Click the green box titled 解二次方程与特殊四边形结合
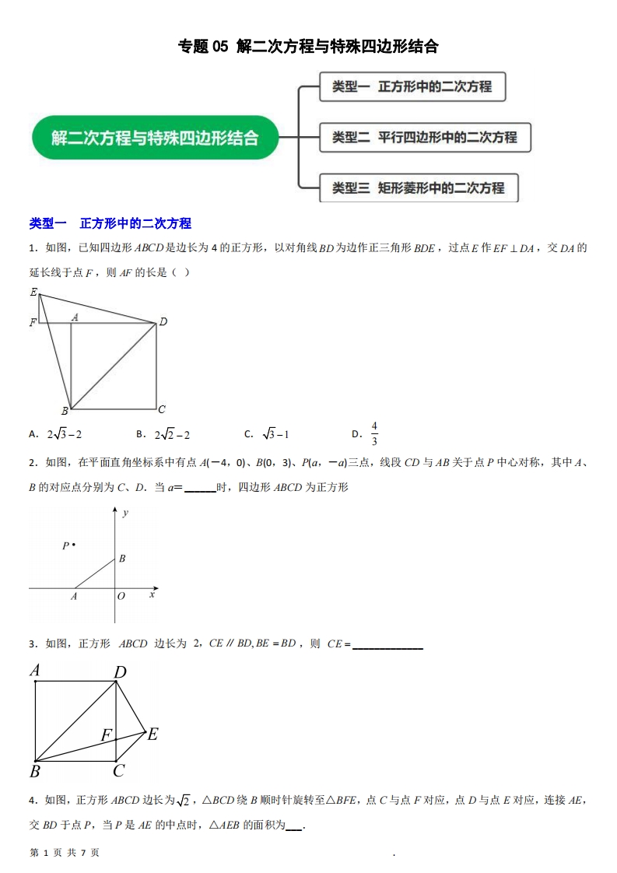coord(155,138)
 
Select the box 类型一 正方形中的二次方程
coord(412,86)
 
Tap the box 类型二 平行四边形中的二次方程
coord(425,138)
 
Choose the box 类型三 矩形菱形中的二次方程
coord(419,188)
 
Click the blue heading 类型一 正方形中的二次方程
coord(110,223)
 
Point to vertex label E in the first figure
coord(33,293)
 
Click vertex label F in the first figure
coord(33,322)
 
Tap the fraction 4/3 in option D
coord(374,433)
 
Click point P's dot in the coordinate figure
coord(74,545)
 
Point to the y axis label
coord(125,514)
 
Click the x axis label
coord(152,594)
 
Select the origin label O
coord(121,596)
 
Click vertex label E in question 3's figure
coord(153,733)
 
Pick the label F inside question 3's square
coord(106,734)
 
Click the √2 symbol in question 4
coord(184,801)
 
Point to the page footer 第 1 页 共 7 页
coord(64,853)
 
